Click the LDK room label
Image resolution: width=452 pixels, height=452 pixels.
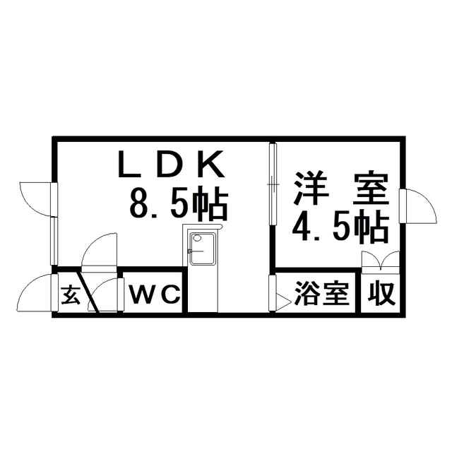(172, 164)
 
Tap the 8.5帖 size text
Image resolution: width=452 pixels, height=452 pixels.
(179, 203)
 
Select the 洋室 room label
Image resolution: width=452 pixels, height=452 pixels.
(341, 189)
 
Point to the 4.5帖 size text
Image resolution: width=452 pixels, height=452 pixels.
(340, 226)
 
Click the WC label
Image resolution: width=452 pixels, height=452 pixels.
(155, 294)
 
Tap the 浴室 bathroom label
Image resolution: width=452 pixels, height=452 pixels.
(321, 293)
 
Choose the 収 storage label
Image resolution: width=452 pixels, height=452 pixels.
(381, 293)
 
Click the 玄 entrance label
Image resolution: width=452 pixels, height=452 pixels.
(70, 295)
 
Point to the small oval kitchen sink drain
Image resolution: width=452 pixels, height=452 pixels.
(198, 238)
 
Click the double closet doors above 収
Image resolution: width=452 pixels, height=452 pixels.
(381, 262)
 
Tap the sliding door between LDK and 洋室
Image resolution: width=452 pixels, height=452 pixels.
(273, 184)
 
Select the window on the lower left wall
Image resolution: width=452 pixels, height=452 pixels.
(54, 241)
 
